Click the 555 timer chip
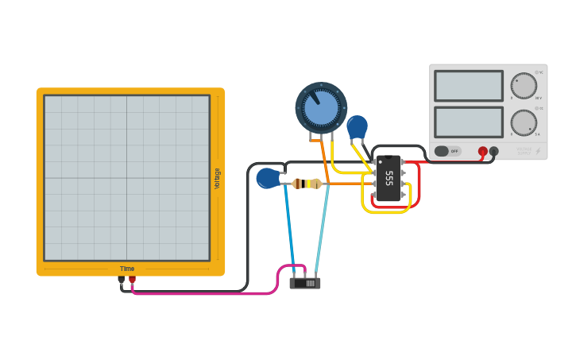coord(389,178)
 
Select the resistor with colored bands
coord(307,184)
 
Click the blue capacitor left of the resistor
coord(268,178)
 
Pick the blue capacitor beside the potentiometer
coord(357,127)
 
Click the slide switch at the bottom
coord(305,282)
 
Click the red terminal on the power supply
coord(482,151)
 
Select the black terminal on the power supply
coord(493,151)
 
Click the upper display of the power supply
coord(468,86)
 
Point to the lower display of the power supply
coord(468,122)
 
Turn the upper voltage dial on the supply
coord(524,86)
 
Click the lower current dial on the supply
coord(524,122)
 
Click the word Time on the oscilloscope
coord(127,269)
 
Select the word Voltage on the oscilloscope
coord(217,178)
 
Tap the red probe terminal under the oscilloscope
coord(132,280)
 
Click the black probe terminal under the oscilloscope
coord(122,280)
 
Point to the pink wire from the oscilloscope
coord(207,293)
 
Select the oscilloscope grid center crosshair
coord(127,178)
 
